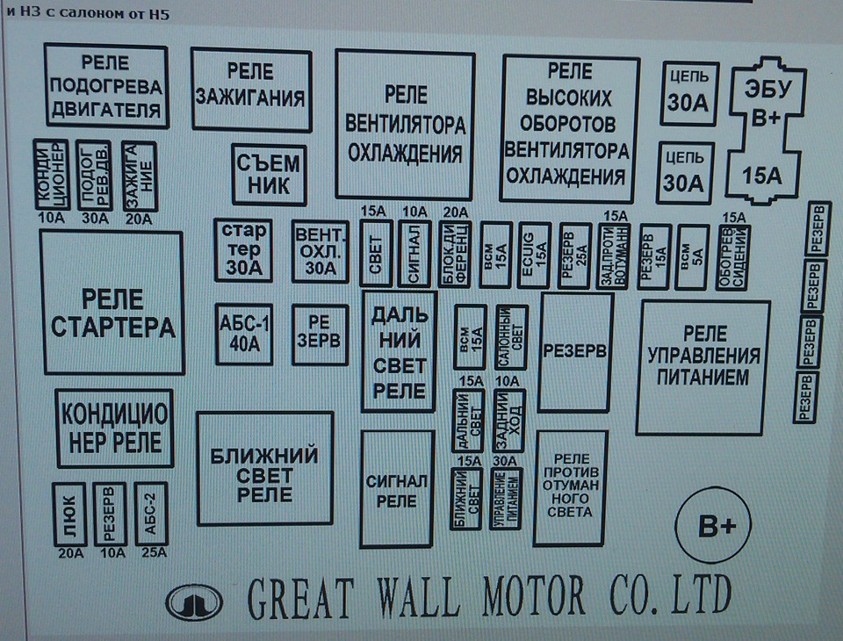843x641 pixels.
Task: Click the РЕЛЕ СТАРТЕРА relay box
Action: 112,304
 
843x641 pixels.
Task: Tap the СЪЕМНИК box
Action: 269,175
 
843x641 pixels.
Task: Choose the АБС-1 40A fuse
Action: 243,335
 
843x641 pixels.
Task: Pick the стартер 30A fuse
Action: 243,250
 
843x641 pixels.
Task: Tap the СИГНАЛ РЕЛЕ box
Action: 397,488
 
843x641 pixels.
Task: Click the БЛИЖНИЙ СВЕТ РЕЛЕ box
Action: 265,471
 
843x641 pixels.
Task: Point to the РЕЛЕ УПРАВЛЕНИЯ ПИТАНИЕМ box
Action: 702,367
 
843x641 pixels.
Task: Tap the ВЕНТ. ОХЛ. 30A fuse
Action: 320,250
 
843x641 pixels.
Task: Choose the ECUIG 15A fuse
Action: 531,254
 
